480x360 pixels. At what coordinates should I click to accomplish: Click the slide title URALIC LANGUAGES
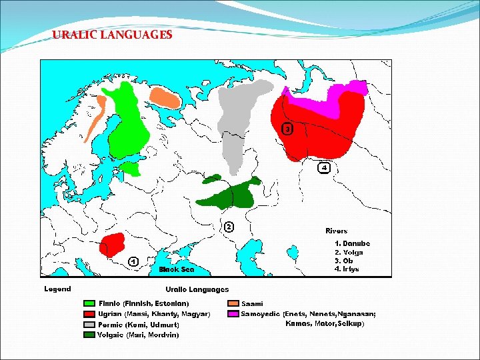(x=112, y=35)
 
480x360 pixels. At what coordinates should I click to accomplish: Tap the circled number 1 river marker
(x=133, y=261)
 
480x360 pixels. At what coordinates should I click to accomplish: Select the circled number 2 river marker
(x=229, y=227)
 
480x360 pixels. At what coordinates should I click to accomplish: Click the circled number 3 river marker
(x=287, y=129)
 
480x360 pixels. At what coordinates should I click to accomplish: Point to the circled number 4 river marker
(x=323, y=167)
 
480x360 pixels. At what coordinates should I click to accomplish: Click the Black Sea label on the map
(x=176, y=270)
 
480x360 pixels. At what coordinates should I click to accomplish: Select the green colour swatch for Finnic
(x=89, y=304)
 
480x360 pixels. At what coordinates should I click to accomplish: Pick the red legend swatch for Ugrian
(x=89, y=314)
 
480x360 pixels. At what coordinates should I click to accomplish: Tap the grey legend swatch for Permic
(x=89, y=325)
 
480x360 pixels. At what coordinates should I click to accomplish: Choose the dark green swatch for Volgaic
(x=89, y=335)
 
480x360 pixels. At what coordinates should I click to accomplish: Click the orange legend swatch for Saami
(x=233, y=304)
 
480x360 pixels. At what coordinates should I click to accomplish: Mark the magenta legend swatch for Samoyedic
(x=233, y=314)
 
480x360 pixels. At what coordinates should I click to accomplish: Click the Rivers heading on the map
(x=336, y=231)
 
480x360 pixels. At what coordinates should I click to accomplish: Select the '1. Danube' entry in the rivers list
(x=351, y=243)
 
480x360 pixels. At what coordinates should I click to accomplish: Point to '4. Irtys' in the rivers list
(x=347, y=269)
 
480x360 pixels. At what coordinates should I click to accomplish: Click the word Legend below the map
(x=57, y=289)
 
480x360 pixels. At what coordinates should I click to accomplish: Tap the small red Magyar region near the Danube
(x=111, y=245)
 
